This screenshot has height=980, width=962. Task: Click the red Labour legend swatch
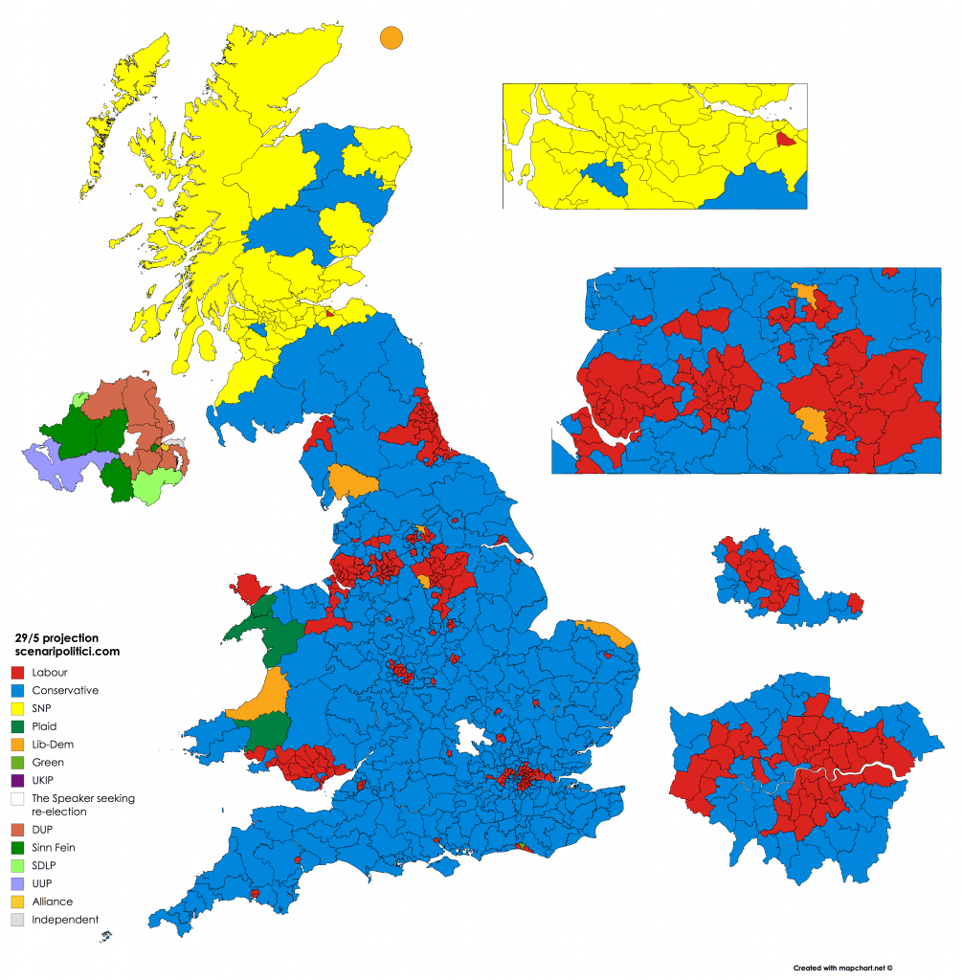pos(16,672)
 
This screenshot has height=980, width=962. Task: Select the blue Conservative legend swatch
pos(16,690)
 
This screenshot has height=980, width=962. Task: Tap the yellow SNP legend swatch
pos(16,708)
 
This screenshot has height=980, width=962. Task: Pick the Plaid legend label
pos(45,726)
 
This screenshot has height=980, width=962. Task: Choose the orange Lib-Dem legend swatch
pos(16,745)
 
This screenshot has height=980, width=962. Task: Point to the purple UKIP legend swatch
pos(16,780)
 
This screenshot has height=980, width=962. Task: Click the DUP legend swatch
pos(16,829)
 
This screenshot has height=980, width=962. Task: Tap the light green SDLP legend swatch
pos(16,865)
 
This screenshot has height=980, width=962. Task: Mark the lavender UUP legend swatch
pos(16,883)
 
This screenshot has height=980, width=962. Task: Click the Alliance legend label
pos(52,902)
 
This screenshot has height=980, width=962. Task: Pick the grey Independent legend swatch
pos(16,920)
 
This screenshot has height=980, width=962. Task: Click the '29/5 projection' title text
pos(56,636)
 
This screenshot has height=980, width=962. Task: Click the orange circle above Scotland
pos(391,37)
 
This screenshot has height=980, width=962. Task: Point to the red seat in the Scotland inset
pos(785,140)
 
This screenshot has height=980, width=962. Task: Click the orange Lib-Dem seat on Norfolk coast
pos(609,633)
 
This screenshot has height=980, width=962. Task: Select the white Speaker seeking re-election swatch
pos(16,798)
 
